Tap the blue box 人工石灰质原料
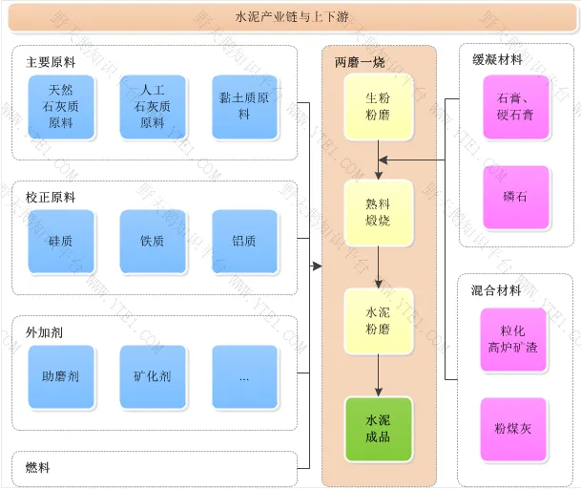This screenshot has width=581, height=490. (x=153, y=106)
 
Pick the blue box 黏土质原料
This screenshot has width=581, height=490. (x=244, y=106)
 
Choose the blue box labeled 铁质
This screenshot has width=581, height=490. (x=153, y=241)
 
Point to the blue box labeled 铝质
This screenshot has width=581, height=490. (x=244, y=241)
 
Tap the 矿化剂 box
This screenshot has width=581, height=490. (x=153, y=376)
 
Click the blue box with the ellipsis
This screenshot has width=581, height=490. (x=244, y=376)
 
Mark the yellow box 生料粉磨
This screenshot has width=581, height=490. (x=378, y=106)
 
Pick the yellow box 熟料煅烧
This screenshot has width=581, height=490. (x=378, y=212)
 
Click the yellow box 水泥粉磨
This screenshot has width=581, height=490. (x=378, y=321)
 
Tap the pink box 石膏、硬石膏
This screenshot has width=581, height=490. (x=515, y=106)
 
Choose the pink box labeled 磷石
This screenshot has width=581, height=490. (x=515, y=197)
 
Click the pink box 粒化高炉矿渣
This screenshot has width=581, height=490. (x=515, y=338)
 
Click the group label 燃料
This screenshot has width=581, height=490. (x=38, y=467)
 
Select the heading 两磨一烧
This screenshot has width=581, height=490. (x=360, y=62)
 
